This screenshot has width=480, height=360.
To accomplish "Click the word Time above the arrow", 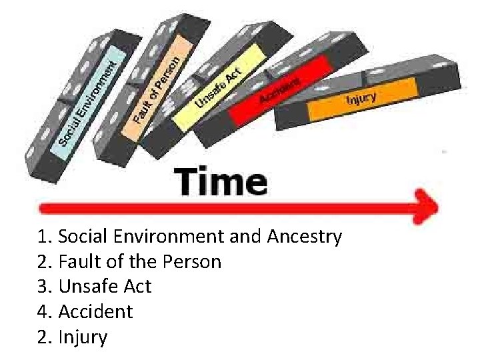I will tap(221, 181).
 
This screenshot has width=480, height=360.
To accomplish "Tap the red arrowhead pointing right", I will tap(425, 206).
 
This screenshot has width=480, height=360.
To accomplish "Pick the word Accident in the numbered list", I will tap(95, 312).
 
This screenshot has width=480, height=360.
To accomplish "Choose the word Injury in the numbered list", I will tap(83, 337).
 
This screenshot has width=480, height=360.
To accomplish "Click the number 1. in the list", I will tap(46, 237).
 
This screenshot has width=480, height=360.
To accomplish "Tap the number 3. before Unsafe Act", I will tap(46, 287).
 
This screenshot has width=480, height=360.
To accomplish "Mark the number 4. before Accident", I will tap(46, 312).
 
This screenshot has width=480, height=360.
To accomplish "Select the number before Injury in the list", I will tap(46, 337).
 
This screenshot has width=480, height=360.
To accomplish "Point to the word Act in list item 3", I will tap(138, 287).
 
